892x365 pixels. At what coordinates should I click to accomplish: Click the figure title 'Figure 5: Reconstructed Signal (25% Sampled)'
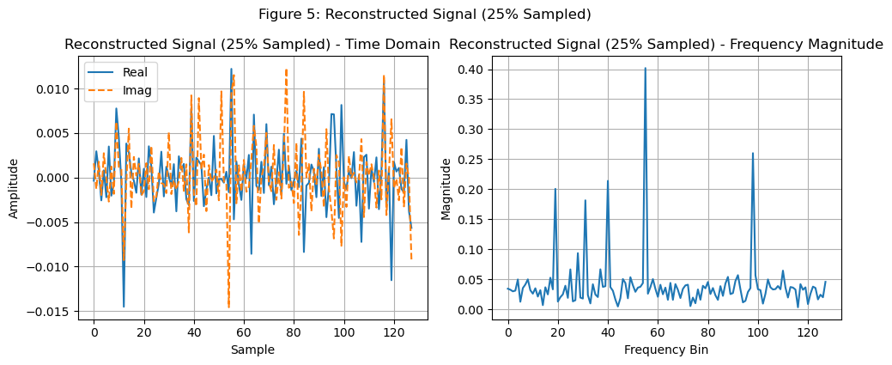tap(425, 14)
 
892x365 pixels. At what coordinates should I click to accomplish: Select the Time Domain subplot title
tap(252, 45)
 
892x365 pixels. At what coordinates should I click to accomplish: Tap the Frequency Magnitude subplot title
tap(666, 45)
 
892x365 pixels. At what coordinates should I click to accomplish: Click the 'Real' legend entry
tap(135, 71)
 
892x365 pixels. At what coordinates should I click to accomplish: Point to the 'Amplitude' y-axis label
tap(14, 187)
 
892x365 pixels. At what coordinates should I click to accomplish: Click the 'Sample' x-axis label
tap(252, 350)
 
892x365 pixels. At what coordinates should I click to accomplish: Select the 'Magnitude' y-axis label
tap(446, 187)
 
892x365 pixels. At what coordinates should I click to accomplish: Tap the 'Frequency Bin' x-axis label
tap(666, 350)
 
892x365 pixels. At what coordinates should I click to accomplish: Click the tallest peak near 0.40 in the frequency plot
tap(646, 68)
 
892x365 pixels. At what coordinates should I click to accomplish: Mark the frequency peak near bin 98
tap(753, 154)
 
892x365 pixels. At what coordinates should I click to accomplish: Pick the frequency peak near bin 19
tap(555, 189)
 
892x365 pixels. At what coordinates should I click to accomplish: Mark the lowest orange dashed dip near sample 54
tap(228, 307)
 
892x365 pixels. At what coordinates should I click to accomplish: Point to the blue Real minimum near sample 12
tap(124, 306)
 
